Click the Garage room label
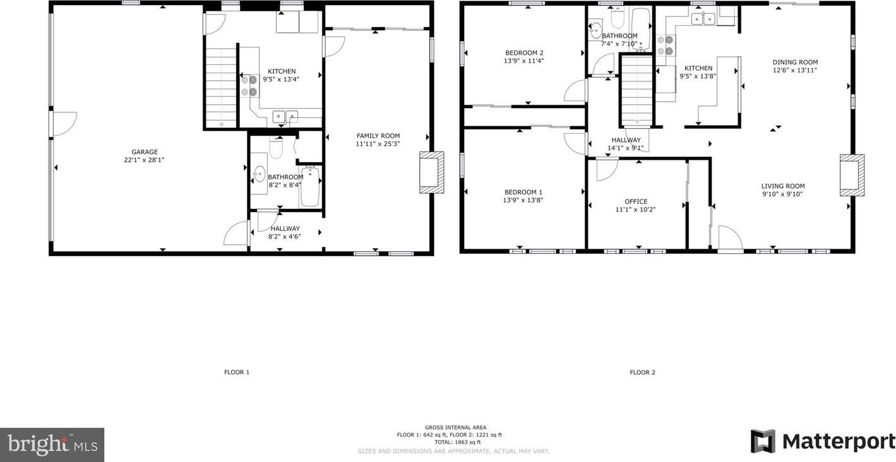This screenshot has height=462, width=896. (145, 152)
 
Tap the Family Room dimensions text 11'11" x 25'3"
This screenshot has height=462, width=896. (378, 144)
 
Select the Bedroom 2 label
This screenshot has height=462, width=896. (524, 53)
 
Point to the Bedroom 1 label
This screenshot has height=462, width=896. (523, 192)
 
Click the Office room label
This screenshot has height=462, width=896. (636, 202)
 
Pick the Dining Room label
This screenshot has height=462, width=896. (795, 62)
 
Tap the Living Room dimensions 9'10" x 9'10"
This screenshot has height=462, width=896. (783, 194)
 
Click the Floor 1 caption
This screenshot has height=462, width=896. (237, 372)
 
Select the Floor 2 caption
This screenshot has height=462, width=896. (642, 372)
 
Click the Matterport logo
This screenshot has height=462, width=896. (823, 441)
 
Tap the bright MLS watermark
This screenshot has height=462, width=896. (52, 445)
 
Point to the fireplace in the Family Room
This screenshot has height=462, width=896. (432, 172)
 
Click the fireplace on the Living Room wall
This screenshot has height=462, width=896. (852, 175)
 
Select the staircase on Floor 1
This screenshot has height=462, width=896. (220, 88)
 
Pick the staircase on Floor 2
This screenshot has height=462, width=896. (637, 91)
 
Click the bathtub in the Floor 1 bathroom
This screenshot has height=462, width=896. (310, 187)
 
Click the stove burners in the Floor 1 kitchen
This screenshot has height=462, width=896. (249, 86)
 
